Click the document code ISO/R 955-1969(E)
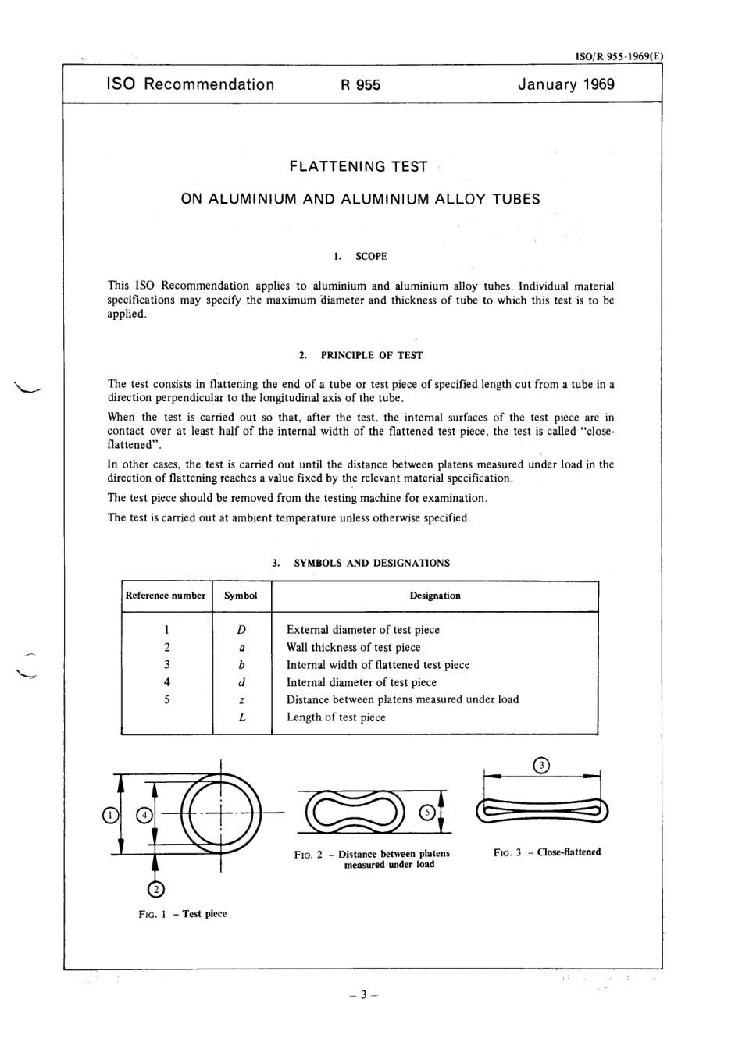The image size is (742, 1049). (619, 56)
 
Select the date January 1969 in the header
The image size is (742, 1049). (565, 84)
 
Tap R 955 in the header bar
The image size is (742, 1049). (360, 85)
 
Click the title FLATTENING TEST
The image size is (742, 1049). (359, 166)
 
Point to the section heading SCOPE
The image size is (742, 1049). (371, 256)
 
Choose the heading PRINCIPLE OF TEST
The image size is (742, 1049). (371, 355)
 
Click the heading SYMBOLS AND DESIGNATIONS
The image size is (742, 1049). (371, 563)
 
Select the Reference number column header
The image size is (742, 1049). (166, 596)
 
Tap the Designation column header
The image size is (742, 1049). (435, 596)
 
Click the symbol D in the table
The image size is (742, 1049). (241, 630)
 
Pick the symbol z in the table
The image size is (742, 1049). (242, 699)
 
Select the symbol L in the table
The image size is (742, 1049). (242, 717)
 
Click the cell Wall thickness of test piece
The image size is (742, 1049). (353, 647)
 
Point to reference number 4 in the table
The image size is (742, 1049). (167, 682)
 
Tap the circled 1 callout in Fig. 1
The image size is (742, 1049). (111, 816)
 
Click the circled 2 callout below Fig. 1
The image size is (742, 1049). (155, 889)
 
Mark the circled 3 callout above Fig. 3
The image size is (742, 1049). (541, 766)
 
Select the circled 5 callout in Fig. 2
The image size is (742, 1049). (426, 812)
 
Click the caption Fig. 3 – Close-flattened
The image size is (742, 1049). (547, 852)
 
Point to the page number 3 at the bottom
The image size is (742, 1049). (364, 995)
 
